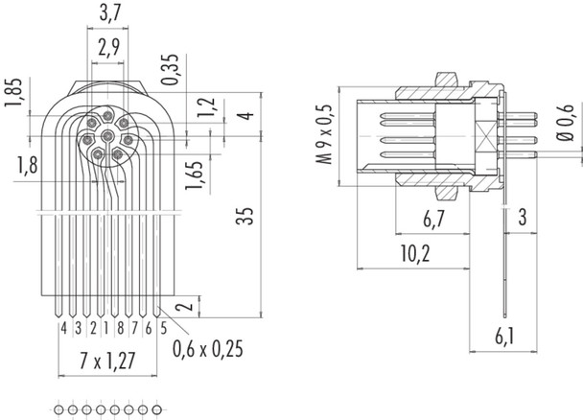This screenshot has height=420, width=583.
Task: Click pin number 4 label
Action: [x=62, y=328]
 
